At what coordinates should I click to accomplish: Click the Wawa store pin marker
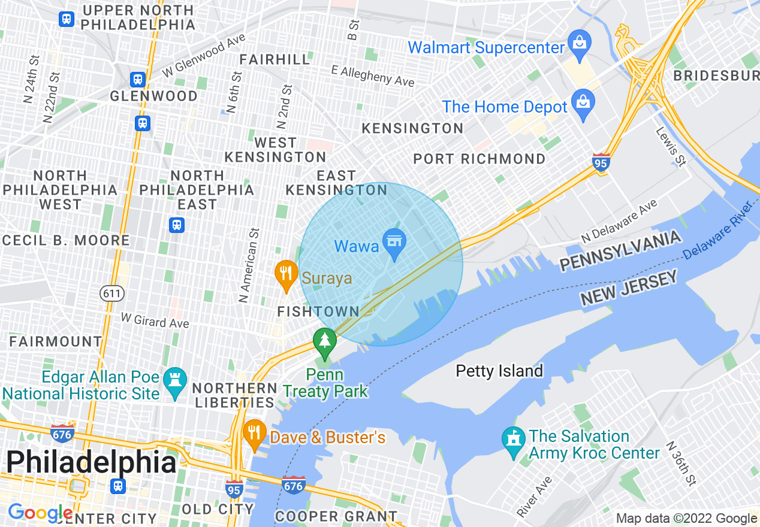[394, 244]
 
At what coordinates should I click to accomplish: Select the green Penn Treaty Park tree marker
[324, 341]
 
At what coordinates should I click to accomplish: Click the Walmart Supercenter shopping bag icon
[580, 44]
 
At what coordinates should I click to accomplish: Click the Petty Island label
[499, 371]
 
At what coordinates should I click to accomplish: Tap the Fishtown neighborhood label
[318, 311]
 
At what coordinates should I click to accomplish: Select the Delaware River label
[717, 230]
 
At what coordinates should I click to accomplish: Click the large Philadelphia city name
[91, 462]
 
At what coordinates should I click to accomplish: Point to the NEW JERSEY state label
[629, 288]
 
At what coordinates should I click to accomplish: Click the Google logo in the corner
[40, 513]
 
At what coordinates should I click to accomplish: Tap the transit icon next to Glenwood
[138, 80]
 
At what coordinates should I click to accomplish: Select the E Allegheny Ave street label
[373, 75]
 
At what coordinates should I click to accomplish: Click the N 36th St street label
[683, 464]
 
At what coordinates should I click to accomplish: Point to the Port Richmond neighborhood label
[479, 159]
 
